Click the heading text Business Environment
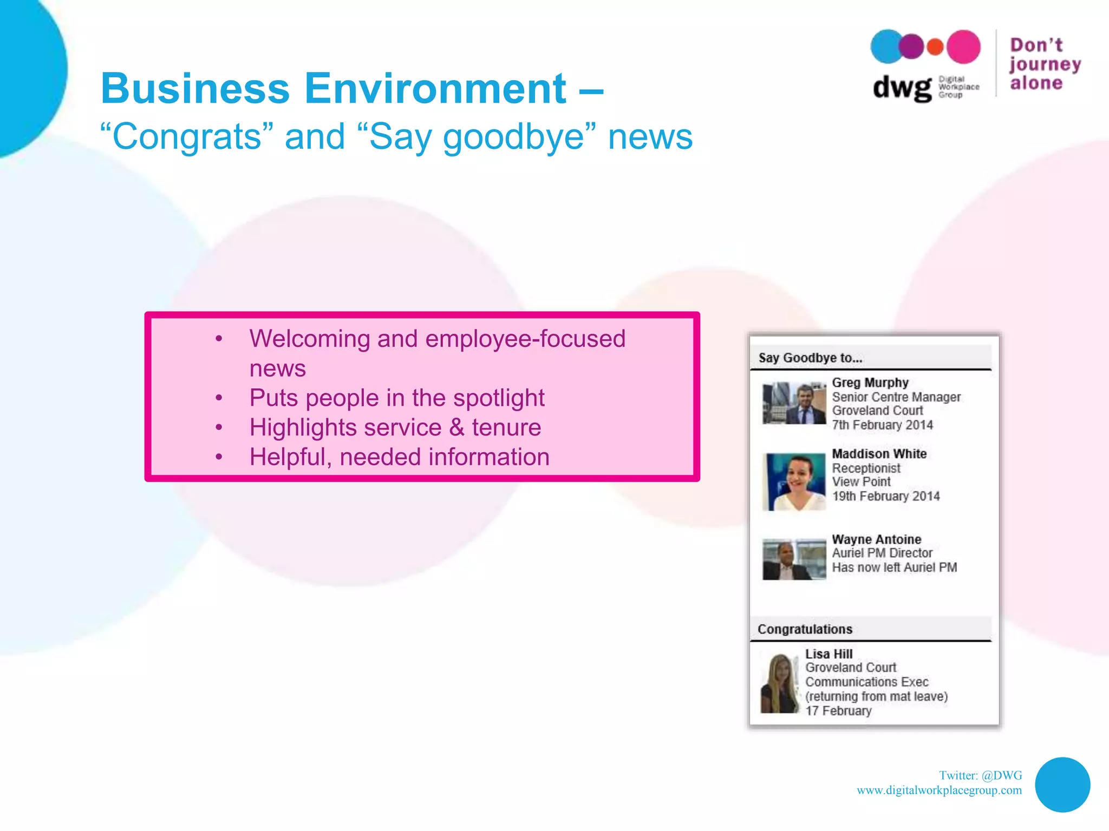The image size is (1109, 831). coord(333,88)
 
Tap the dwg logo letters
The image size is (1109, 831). coord(902,88)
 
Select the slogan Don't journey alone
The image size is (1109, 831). coord(1045,64)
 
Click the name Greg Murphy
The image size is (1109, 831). coord(870,382)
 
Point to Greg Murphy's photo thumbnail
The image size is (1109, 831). coord(794,403)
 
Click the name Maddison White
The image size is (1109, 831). coord(879,453)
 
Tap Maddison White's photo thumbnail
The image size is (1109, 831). coord(794,482)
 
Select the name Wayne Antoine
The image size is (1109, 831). coord(876,539)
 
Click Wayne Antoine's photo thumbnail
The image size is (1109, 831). coord(794,559)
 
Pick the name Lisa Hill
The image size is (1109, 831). coord(829,654)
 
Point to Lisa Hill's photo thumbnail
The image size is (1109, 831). coord(780,683)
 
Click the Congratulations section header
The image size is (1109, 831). coord(805,629)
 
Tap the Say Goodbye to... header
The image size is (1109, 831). coord(810,358)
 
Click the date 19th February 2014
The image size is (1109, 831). coord(885,496)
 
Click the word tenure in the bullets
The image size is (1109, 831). coord(506,427)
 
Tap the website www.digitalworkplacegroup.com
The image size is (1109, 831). coord(939,790)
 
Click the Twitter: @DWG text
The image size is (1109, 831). coord(980,775)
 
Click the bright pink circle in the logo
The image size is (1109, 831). coord(963,47)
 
